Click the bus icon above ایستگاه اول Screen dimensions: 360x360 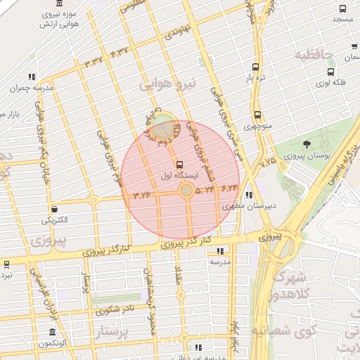coord(180,164)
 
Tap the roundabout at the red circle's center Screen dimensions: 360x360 coord(186,191)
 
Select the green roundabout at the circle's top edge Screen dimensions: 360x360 coord(164,129)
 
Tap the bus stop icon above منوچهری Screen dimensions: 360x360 coord(257,115)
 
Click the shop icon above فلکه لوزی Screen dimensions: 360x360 coord(331,72)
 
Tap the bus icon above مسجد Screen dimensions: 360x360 coord(342,8)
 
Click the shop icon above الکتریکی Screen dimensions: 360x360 coord(55,209)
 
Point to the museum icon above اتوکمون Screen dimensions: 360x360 coord(53,332)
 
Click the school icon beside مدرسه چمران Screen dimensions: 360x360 coord(32,77)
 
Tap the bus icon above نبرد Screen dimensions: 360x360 coord(6,264)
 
